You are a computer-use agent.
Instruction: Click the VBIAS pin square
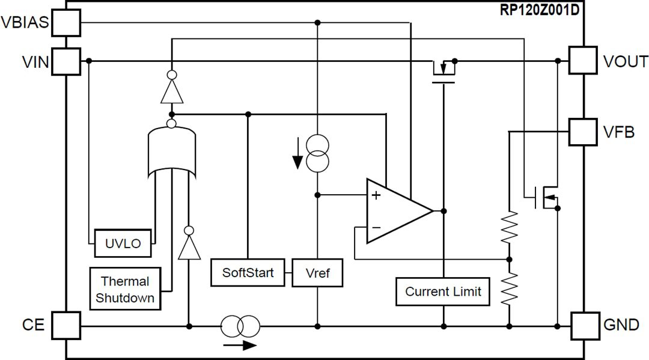tap(66, 23)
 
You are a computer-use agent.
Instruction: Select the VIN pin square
tap(66, 61)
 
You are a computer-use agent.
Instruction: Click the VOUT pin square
tap(583, 61)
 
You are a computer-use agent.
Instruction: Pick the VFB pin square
tap(583, 131)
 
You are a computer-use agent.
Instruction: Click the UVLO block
tap(123, 243)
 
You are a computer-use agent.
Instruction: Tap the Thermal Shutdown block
tap(125, 289)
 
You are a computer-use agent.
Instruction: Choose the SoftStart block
tap(248, 273)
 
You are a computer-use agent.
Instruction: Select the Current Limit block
tap(443, 292)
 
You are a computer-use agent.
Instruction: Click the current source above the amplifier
tap(317, 154)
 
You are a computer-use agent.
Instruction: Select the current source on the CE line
tap(240, 326)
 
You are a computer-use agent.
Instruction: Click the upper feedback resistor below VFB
tap(509, 227)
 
